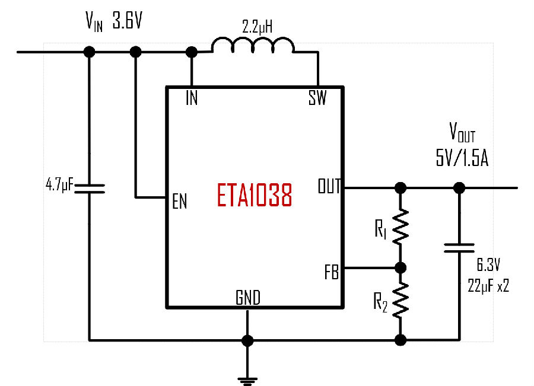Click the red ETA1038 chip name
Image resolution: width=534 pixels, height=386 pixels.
click(255, 195)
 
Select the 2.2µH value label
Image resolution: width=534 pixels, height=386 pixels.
click(257, 27)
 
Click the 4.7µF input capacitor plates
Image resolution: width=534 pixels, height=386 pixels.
click(89, 189)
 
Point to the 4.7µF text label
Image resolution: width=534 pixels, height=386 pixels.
click(59, 185)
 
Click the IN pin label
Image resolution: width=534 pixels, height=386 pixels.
click(192, 98)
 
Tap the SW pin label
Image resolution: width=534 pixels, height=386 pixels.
click(317, 98)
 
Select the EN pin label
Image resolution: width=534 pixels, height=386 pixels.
click(180, 201)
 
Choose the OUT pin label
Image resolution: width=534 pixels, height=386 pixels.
click(329, 186)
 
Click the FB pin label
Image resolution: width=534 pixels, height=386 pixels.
click(332, 272)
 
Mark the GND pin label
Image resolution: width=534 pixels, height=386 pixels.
click(248, 298)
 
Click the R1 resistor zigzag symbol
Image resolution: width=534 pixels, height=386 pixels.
click(401, 227)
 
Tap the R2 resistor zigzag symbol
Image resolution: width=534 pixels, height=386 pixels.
click(401, 300)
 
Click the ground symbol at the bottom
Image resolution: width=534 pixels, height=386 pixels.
click(247, 381)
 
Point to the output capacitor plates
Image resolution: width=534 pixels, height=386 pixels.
click(459, 248)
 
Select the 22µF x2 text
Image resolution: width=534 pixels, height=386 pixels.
click(488, 286)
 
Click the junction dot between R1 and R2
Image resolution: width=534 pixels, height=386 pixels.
click(401, 268)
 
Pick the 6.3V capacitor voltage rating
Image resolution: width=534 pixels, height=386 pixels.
click(488, 265)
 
